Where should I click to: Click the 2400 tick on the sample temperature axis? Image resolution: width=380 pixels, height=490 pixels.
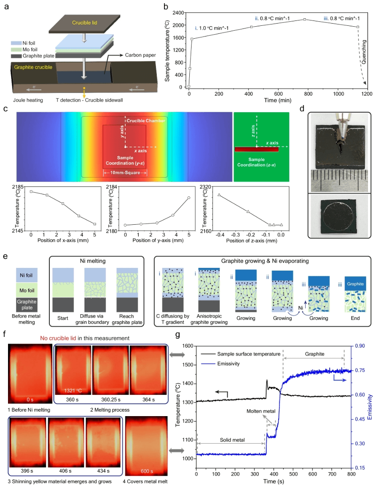[x=179, y=12]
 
